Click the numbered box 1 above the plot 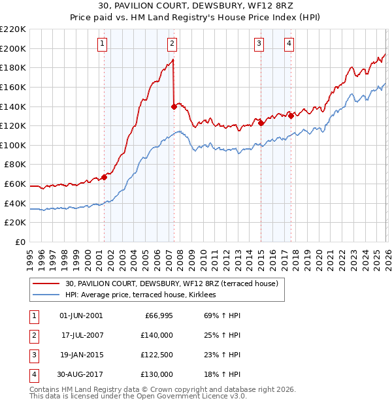click(103, 44)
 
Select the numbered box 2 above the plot click(172, 44)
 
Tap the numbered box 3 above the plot click(259, 44)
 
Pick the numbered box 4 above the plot click(289, 44)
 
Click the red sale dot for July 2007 click(174, 106)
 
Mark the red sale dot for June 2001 click(104, 177)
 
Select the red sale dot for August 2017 click(291, 116)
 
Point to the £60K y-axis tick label click(16, 184)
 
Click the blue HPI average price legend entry click(144, 295)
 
